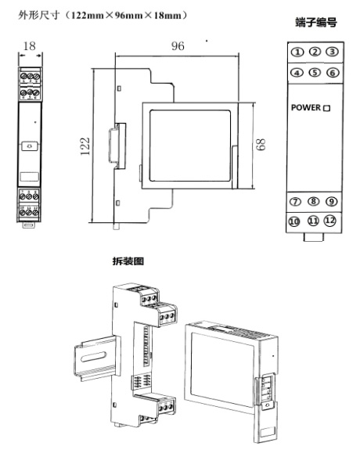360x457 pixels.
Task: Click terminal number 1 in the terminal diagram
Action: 297,52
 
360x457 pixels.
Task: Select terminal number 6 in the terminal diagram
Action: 333,73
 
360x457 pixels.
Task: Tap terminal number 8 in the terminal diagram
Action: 313,201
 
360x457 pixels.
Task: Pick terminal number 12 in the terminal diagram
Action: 330,221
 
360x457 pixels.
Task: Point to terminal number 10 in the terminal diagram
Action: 293,221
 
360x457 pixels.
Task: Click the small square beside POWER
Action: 327,109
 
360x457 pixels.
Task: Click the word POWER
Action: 306,107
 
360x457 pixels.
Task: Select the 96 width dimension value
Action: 178,46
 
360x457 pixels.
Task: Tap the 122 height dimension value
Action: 85,146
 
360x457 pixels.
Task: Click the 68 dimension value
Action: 261,144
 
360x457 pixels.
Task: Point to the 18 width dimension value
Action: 30,45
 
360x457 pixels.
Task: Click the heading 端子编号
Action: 316,23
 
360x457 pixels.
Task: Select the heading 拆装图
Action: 128,261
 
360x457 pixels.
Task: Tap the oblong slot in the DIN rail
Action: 93,357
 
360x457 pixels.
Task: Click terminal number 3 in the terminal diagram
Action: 332,52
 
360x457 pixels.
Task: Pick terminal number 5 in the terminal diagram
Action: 315,72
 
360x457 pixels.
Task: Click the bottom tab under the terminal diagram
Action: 313,237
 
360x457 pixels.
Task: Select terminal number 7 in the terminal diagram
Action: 295,202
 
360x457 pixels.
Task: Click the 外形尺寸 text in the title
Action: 38,15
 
